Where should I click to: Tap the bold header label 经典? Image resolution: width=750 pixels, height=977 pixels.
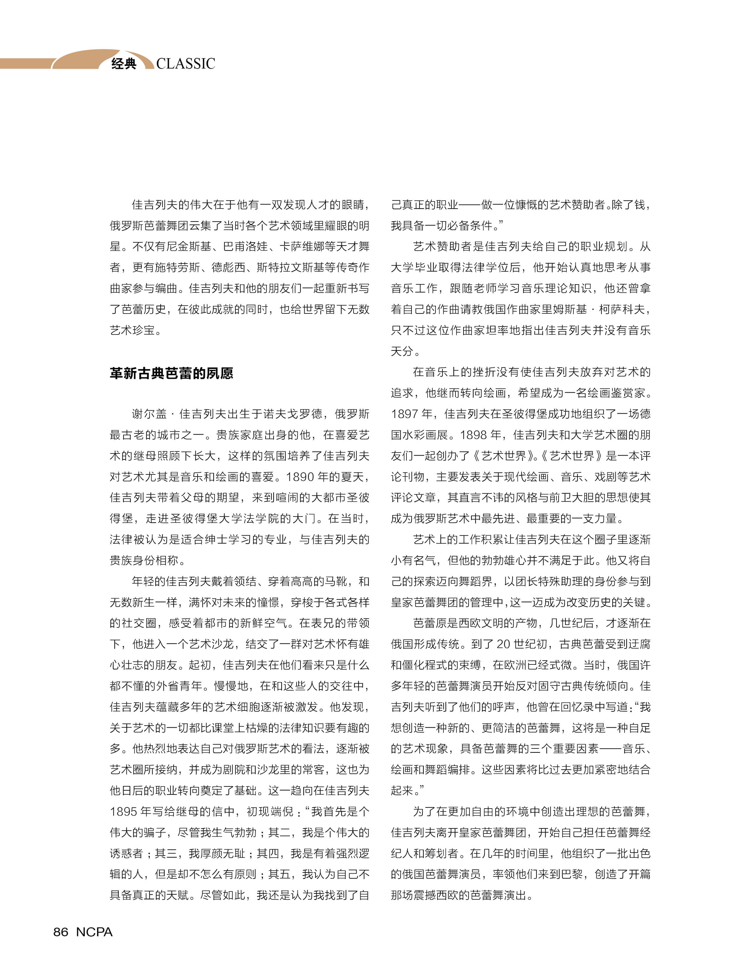[x=124, y=64]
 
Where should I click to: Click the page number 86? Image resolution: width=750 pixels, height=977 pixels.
[x=61, y=932]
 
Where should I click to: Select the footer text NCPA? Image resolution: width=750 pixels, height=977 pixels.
[x=94, y=932]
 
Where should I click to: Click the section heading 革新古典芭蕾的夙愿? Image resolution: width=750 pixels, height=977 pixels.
[x=171, y=373]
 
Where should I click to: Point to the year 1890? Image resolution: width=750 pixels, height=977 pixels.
[x=300, y=477]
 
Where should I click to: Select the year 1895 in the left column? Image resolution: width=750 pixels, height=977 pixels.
[x=124, y=811]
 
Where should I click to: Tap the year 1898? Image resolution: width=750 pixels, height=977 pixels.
[x=474, y=435]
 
